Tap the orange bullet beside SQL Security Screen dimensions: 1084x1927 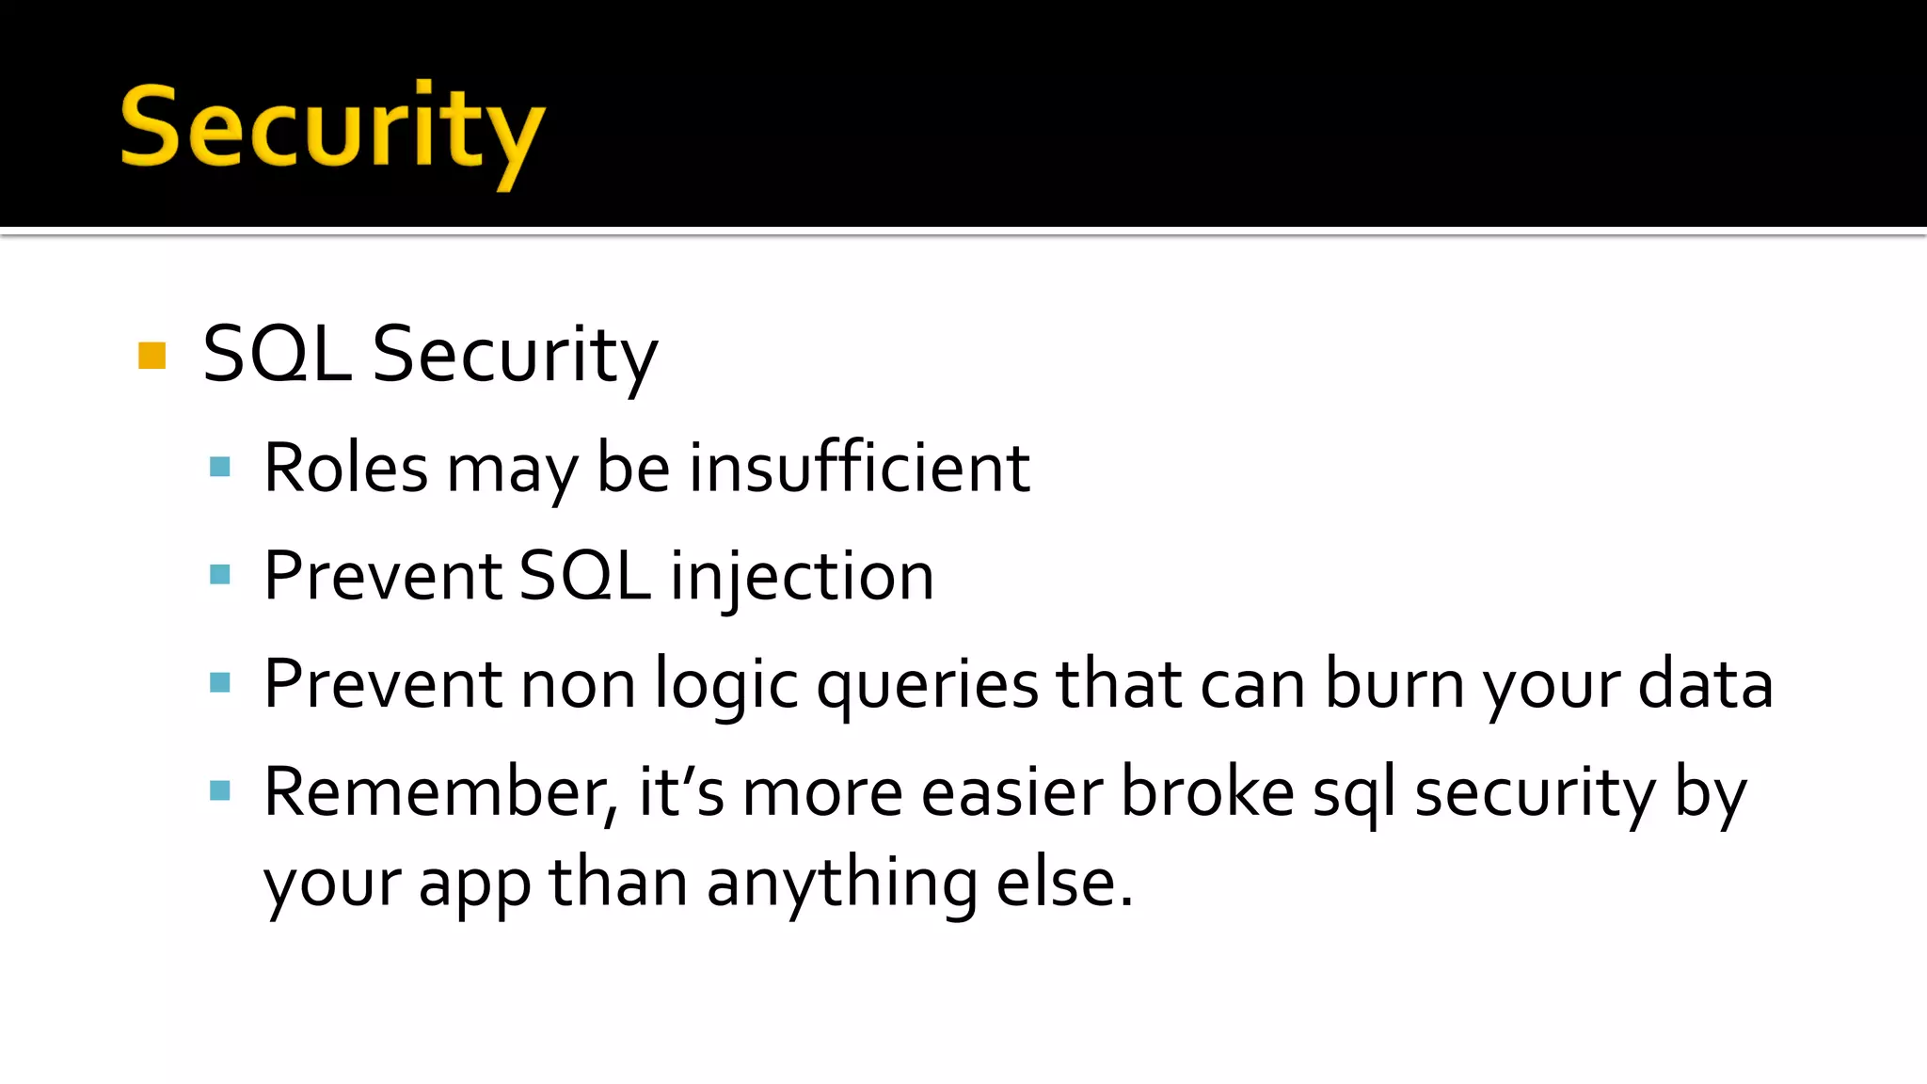click(151, 356)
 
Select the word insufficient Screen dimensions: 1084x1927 click(859, 468)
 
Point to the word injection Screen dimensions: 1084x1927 click(802, 577)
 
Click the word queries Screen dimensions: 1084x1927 click(927, 685)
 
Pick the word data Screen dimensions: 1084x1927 click(1705, 684)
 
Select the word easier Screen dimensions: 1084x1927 click(1011, 792)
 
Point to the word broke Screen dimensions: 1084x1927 click(1207, 792)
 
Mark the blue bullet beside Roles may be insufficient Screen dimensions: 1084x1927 click(220, 467)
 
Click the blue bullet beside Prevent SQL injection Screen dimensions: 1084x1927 click(220, 575)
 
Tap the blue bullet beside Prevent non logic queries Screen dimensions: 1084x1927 click(220, 683)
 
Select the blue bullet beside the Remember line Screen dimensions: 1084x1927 click(220, 790)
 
